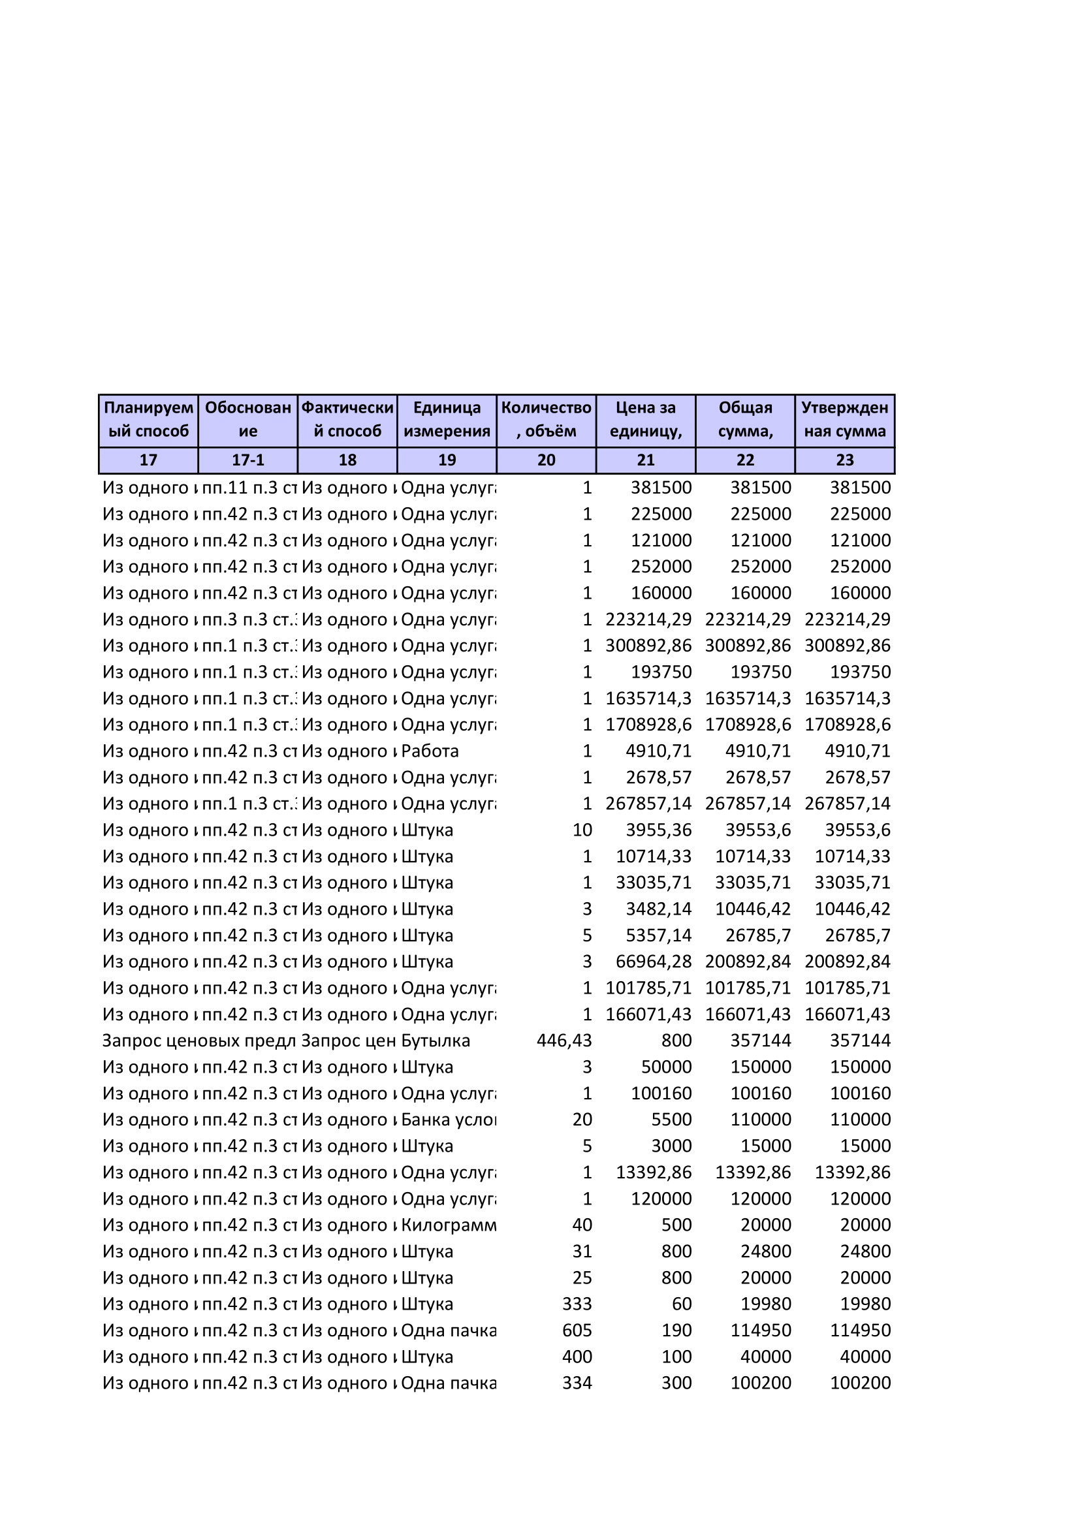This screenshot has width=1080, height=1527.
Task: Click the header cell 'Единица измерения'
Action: (x=446, y=420)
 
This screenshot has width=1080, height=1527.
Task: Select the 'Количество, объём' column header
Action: (x=546, y=420)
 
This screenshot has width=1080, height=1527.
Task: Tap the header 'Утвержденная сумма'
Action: (x=844, y=420)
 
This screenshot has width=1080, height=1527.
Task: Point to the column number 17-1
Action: (x=247, y=460)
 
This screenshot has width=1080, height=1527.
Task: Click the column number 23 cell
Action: (x=844, y=460)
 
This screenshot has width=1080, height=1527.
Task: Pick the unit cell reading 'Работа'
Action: (x=430, y=751)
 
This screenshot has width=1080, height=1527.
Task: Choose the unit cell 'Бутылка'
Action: (x=435, y=1041)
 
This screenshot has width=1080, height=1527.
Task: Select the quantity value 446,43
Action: (x=564, y=1041)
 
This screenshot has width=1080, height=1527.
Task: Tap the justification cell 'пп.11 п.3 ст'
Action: (x=249, y=488)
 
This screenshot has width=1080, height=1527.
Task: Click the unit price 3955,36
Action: (x=658, y=830)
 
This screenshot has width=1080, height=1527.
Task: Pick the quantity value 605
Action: (x=577, y=1330)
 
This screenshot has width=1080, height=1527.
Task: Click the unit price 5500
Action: (x=671, y=1120)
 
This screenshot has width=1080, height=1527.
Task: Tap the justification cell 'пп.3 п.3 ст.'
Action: (x=249, y=619)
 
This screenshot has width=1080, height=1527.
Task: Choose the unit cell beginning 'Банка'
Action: (x=448, y=1120)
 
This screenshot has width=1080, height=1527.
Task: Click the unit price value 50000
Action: (x=667, y=1067)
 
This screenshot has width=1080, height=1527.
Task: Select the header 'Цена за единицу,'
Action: (x=646, y=420)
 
